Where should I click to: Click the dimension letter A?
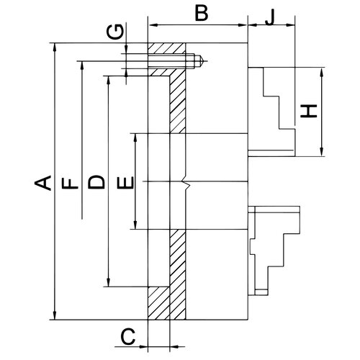pos(42,183)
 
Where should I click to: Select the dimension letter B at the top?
pos(202,13)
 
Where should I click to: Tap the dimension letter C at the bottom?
pos(128,336)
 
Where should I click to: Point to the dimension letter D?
pos(96,181)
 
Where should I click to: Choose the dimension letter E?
pos(125,182)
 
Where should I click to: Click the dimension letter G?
pos(115,32)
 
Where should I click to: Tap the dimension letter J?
pos(270,18)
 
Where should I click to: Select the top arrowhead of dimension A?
pos(55,47)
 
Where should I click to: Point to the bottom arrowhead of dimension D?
pos(109,282)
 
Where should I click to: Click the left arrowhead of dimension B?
pos(153,24)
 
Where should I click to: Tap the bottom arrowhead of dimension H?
pos(322,152)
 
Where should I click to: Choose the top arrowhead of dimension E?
pos(135,138)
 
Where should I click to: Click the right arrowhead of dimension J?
pos(290,24)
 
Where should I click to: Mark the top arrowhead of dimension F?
pos(82,66)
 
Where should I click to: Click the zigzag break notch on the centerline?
pos(187,184)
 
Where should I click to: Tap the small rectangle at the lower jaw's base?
pos(261,292)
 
